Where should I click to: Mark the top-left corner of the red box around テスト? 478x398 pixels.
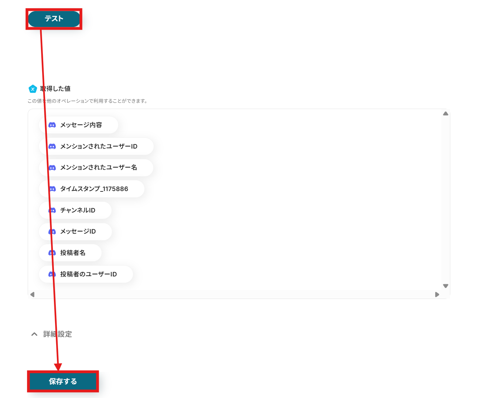(x=26, y=9)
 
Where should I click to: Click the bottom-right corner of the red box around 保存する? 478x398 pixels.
(x=98, y=392)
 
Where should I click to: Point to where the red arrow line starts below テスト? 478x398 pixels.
(x=41, y=30)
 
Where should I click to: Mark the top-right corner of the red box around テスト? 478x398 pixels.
(x=82, y=9)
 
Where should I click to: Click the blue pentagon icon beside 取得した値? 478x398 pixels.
(x=33, y=89)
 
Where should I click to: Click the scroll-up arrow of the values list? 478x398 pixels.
(x=445, y=113)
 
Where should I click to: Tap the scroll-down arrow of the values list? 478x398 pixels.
(x=445, y=286)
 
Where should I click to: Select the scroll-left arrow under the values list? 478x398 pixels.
(x=32, y=295)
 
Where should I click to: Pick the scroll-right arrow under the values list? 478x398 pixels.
(x=437, y=295)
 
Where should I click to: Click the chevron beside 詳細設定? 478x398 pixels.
(x=34, y=334)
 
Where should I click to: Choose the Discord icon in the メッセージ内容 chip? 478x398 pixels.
(x=52, y=125)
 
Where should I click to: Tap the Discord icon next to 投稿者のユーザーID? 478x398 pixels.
(x=52, y=274)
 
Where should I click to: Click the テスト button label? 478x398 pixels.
(x=54, y=18)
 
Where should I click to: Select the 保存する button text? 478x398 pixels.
(x=63, y=381)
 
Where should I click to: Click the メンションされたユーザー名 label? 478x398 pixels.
(x=98, y=167)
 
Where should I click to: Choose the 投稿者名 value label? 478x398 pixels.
(x=73, y=253)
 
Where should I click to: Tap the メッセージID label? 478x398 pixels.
(x=78, y=231)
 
